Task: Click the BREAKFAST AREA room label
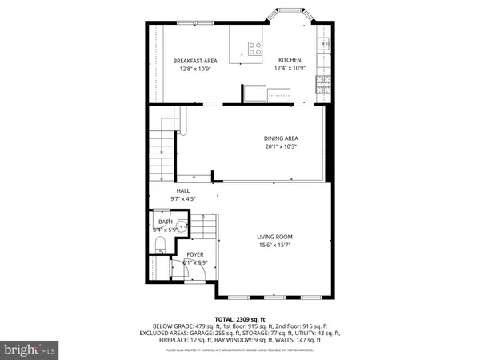[195, 61]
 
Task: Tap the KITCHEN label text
[289, 61]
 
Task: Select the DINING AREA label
[281, 138]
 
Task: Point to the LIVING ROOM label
[274, 237]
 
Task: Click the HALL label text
[183, 190]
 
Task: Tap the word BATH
[165, 222]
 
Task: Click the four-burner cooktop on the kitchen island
[255, 48]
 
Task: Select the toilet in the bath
[158, 242]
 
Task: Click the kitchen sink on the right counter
[324, 44]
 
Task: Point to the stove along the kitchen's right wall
[324, 82]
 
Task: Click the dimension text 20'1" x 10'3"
[281, 147]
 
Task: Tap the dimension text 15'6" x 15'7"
[274, 246]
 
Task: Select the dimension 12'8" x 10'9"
[195, 69]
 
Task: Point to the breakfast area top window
[190, 22]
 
